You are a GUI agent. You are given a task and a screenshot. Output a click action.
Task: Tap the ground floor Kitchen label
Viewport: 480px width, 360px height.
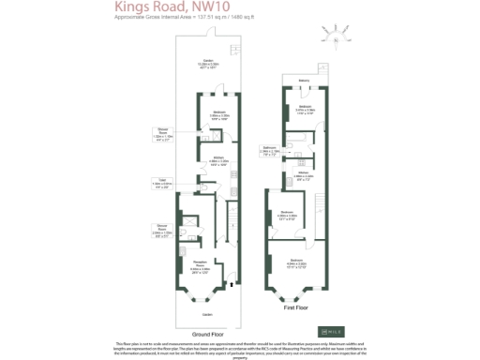point(217,159)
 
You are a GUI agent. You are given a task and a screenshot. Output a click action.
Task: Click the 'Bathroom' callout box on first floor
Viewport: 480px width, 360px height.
point(268,149)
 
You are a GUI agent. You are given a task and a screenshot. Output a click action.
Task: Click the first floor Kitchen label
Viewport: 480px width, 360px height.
point(305,174)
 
